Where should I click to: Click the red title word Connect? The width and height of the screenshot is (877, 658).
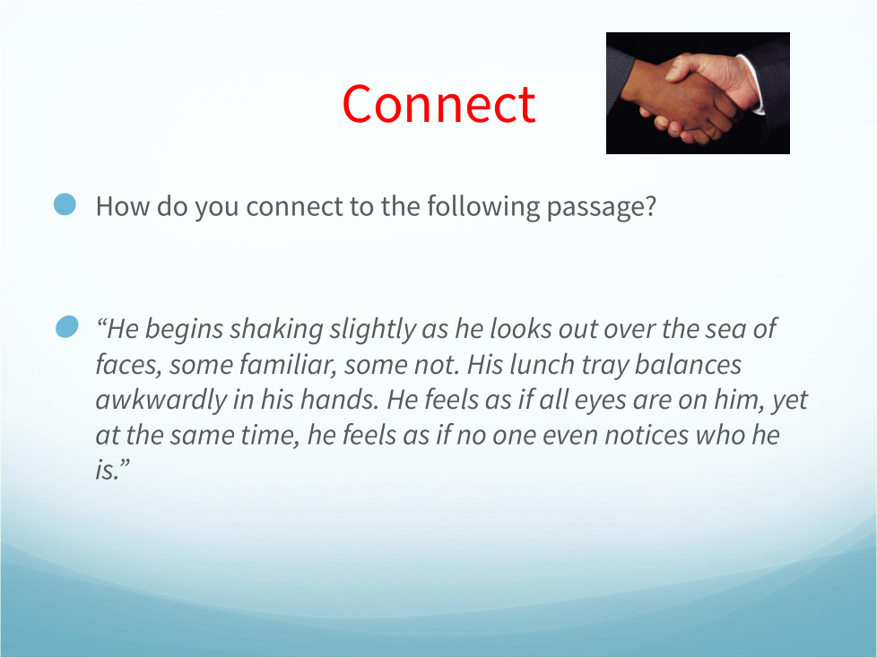point(439,104)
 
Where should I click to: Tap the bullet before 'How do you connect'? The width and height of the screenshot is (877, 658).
point(65,204)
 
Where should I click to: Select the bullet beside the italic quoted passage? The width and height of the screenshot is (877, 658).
point(67,326)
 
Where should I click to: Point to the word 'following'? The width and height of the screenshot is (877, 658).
point(483,207)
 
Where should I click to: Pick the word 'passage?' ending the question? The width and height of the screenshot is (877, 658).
point(601,207)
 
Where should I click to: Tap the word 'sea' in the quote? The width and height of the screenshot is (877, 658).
point(725,329)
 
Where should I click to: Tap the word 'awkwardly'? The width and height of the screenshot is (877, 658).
point(161,401)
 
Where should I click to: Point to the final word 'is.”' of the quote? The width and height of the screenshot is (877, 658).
point(112,470)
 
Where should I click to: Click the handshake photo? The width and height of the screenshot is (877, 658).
point(698,93)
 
